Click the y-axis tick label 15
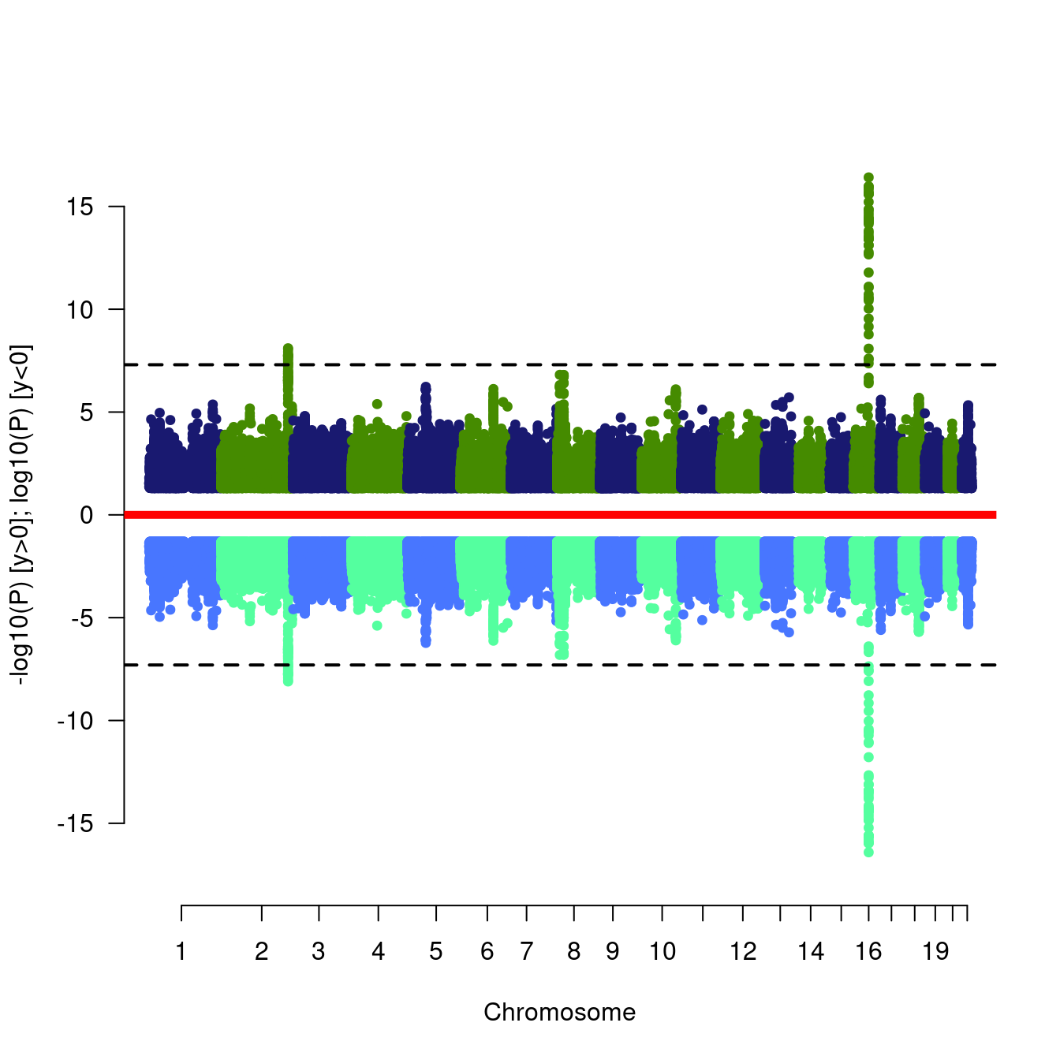80,207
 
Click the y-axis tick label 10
80,310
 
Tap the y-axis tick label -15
76,823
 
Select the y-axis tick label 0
87,516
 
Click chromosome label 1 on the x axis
181,951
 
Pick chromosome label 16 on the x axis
868,951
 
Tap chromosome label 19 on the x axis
935,951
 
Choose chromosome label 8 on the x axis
573,951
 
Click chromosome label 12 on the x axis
743,951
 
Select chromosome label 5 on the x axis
436,951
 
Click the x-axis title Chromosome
559,1012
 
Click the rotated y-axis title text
22,515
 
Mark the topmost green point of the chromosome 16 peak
868,177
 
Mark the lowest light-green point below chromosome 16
868,852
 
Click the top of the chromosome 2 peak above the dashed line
288,349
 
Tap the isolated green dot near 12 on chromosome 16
868,272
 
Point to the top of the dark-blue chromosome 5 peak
425,386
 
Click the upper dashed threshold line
560,364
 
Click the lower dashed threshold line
560,665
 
